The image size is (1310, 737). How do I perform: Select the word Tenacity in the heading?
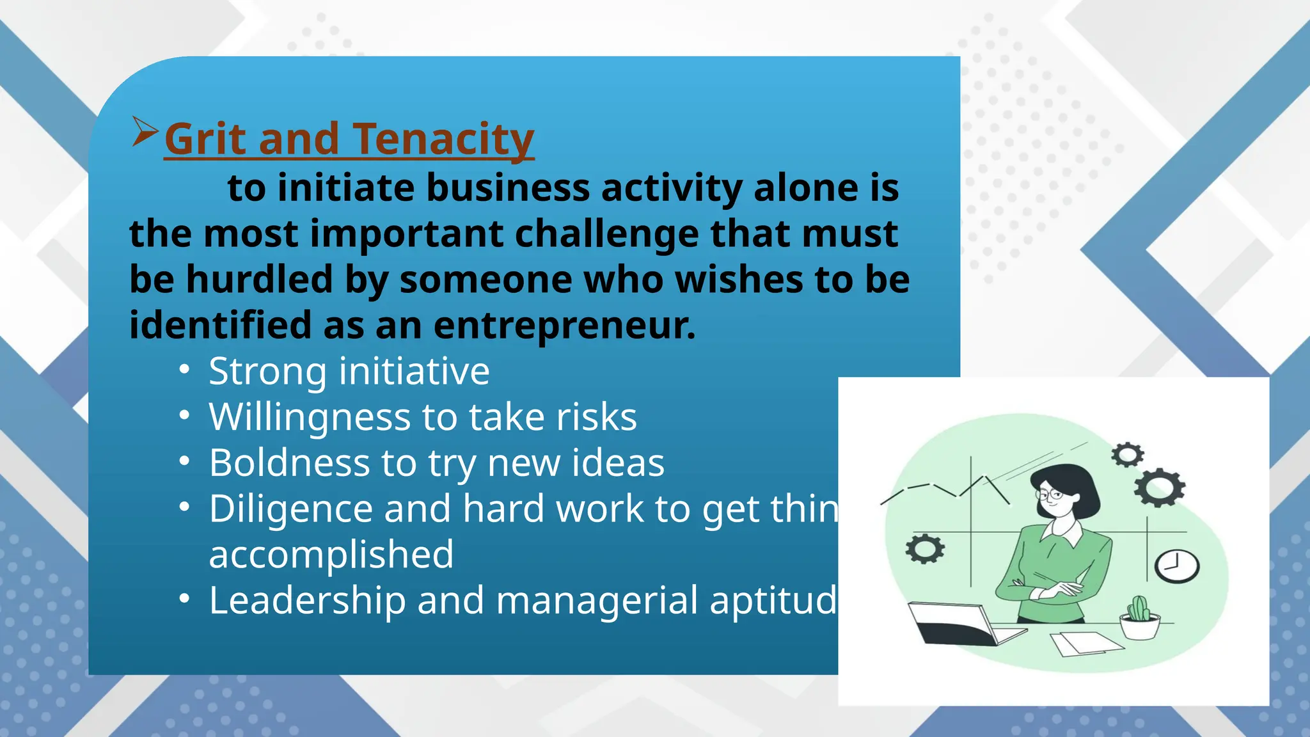coord(443,139)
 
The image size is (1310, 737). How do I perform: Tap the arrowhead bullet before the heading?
coord(145,131)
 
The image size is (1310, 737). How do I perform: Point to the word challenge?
coord(606,234)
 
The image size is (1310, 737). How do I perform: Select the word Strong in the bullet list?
coord(269,371)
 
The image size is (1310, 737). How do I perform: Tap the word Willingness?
coord(310,417)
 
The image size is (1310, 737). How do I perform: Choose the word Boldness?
coord(289,463)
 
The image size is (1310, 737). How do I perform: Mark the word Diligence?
coord(290,509)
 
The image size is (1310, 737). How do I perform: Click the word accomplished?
coord(331,555)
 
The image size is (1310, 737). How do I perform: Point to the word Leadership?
coord(307,601)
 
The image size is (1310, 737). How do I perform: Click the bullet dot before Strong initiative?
coord(184,370)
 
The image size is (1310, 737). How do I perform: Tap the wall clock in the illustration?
coord(1176,566)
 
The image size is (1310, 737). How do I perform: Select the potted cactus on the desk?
coord(1139,617)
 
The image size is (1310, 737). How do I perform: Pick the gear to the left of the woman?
coord(925,549)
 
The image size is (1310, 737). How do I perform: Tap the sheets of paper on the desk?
coord(1085,642)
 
